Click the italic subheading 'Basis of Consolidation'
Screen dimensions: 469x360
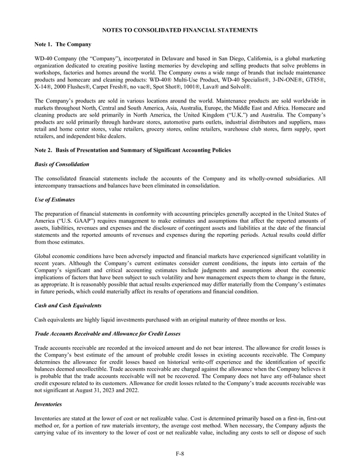tap(62, 165)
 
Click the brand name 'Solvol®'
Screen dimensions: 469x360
tap(240, 87)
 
